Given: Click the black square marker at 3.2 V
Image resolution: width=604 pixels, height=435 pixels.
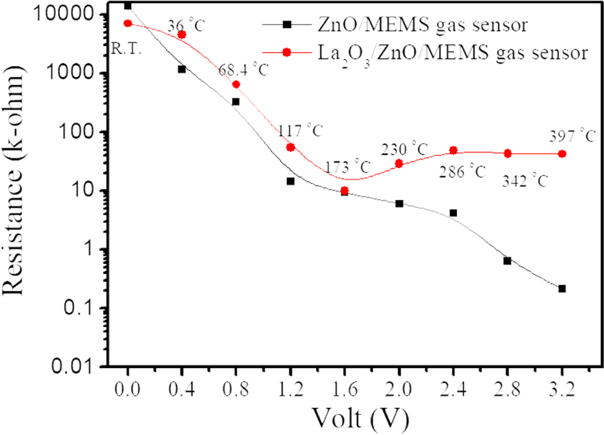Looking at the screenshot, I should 562,289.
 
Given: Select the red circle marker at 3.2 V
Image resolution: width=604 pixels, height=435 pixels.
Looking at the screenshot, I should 562,154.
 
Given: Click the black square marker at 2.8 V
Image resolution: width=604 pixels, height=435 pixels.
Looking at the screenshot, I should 507,260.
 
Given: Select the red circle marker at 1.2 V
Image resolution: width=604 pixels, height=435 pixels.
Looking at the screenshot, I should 291,147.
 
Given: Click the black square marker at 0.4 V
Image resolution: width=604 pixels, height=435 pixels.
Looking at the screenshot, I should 182,69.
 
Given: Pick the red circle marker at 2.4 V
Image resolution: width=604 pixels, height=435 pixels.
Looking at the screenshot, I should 454,150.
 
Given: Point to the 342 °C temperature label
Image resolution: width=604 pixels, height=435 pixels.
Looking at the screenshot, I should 525,181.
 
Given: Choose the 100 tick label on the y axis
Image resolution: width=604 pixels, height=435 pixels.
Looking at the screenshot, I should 83,132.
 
